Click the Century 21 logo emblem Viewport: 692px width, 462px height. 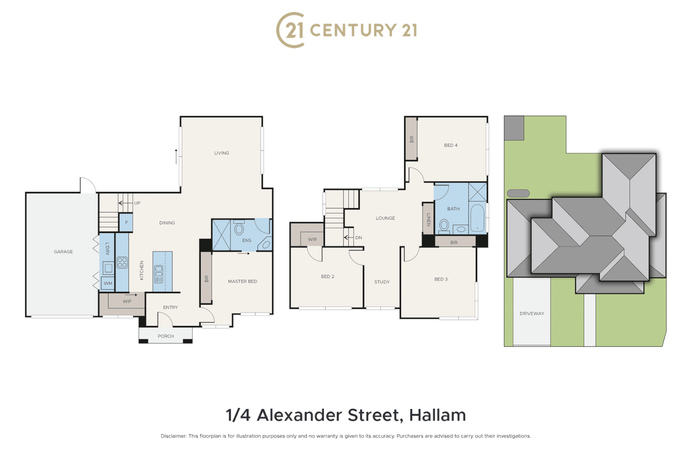click(290, 30)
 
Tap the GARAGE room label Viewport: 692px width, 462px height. click(63, 252)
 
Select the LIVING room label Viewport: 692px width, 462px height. click(222, 153)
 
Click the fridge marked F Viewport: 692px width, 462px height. click(126, 222)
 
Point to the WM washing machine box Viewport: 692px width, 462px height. click(108, 283)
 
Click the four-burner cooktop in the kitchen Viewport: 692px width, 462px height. click(122, 262)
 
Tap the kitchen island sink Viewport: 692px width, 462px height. click(158, 274)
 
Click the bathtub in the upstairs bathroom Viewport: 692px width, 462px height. click(477, 218)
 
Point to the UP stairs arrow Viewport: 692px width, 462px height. click(126, 203)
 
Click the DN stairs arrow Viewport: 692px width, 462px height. click(349, 237)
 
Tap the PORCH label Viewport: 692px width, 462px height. click(166, 336)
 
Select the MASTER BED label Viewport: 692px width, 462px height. click(243, 281)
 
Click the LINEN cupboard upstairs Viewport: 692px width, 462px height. click(428, 219)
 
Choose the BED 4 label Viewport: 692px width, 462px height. click(451, 145)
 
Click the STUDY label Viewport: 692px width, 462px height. click(382, 282)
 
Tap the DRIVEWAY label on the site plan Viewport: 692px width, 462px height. click(532, 314)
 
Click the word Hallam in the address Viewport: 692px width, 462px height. click(437, 415)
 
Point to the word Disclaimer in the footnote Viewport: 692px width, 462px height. click(173, 436)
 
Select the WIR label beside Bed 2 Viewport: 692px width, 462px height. click(312, 240)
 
